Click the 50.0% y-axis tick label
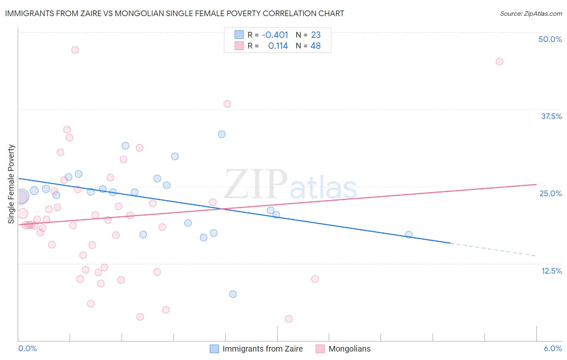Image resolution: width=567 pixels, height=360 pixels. pos(550,39)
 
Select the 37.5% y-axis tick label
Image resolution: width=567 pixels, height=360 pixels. pos(551,116)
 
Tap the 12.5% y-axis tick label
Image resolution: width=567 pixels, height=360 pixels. pos(551,271)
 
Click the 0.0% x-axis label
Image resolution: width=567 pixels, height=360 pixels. pos(27,348)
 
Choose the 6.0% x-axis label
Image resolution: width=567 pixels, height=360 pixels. pos(552,348)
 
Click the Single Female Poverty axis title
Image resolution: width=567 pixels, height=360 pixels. pos(11,184)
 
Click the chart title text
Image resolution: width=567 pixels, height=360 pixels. pos(175,13)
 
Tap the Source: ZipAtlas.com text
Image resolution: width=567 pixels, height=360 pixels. pos(531,13)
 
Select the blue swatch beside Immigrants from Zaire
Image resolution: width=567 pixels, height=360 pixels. pos(215,349)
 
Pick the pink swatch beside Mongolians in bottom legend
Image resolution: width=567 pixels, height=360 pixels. pos(320,349)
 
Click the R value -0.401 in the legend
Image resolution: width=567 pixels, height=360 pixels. pos(275,35)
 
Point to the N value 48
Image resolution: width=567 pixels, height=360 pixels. pos(315,46)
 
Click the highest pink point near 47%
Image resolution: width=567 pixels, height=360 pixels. pos(75,50)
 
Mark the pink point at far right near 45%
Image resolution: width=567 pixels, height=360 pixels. pos(499,62)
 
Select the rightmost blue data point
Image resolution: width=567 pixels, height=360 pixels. pos(409,234)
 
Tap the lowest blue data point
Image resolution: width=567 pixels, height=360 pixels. pos(233,294)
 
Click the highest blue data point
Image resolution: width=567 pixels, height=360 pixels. pos(222,134)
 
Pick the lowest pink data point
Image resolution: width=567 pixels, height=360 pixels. pos(289,319)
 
